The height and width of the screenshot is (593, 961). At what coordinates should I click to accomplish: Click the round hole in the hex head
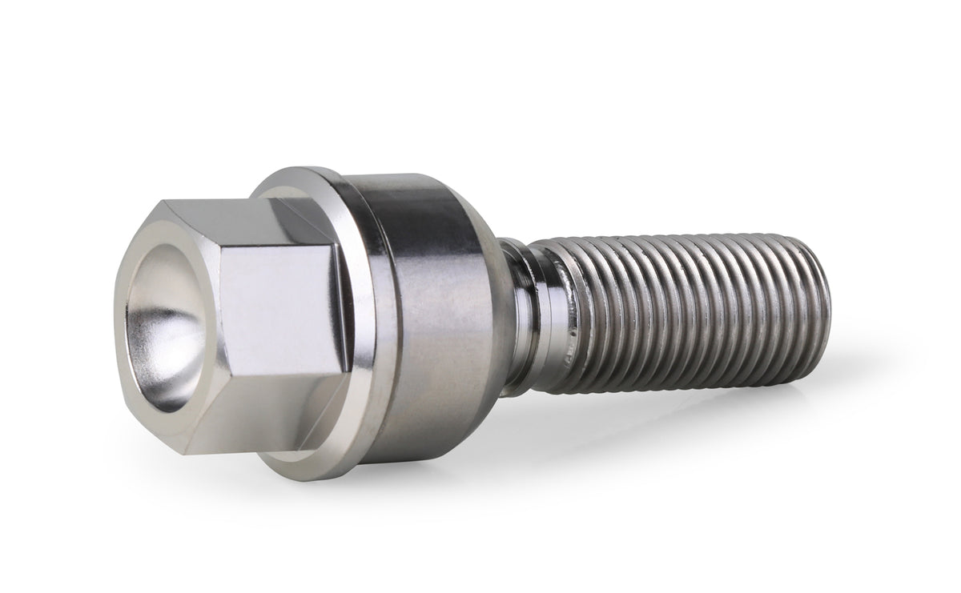tap(164, 320)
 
